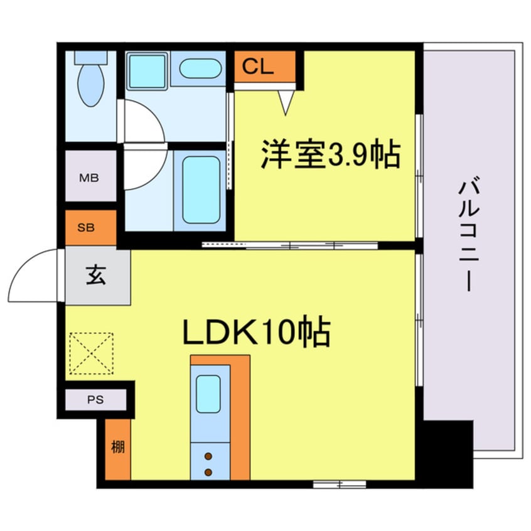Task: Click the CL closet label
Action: [259, 67]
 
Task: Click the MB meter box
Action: [89, 178]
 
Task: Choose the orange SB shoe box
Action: [89, 227]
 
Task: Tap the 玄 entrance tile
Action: [97, 276]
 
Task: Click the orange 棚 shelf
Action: [117, 448]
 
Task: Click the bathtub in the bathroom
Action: [201, 189]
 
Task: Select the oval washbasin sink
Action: [201, 68]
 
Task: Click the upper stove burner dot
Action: [208, 456]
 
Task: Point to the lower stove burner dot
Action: [208, 471]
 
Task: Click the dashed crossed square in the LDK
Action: [92, 353]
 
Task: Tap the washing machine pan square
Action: [146, 70]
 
